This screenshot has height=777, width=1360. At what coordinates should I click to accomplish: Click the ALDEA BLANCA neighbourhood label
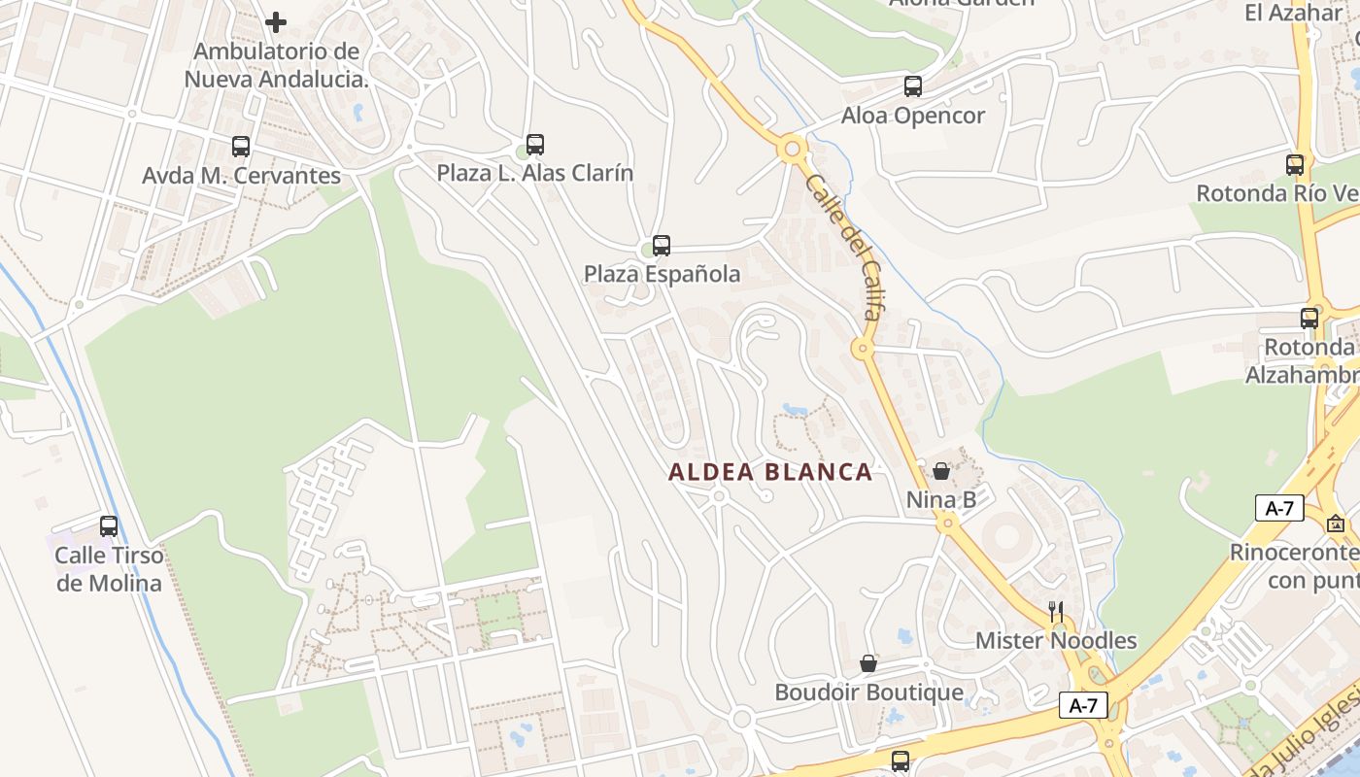[x=770, y=472]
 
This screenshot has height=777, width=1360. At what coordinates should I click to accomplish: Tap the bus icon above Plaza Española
[x=662, y=246]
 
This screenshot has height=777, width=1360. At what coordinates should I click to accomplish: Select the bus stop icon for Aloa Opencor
[x=913, y=86]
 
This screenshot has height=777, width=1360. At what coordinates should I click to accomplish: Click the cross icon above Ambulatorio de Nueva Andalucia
[x=276, y=21]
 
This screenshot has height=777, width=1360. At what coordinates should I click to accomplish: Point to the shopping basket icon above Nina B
[x=941, y=472]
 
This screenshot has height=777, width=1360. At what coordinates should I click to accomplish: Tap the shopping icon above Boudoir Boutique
[x=868, y=664]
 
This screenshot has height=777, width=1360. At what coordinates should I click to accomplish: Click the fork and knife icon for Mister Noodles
[x=1056, y=612]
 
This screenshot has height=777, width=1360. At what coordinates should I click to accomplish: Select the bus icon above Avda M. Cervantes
[x=241, y=147]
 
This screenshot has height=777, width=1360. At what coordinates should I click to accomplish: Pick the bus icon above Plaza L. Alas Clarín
[x=535, y=145]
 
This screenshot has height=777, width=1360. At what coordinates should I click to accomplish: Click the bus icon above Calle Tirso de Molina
[x=109, y=526]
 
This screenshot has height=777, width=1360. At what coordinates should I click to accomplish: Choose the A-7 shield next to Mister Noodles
[x=1083, y=705]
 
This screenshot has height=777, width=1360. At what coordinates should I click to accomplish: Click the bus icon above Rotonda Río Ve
[x=1295, y=165]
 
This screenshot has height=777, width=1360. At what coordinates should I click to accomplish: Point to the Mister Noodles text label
[x=1056, y=641]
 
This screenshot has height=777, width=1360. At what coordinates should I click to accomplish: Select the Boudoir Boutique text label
[x=868, y=693]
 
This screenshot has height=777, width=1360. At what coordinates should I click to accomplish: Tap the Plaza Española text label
[x=662, y=274]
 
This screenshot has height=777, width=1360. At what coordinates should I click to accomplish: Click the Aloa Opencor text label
[x=913, y=116]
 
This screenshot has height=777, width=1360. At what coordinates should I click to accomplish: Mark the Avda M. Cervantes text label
[x=241, y=176]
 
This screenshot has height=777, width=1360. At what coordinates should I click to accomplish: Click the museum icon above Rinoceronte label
[x=1337, y=524]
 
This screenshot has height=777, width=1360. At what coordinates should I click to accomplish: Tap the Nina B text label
[x=941, y=500]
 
